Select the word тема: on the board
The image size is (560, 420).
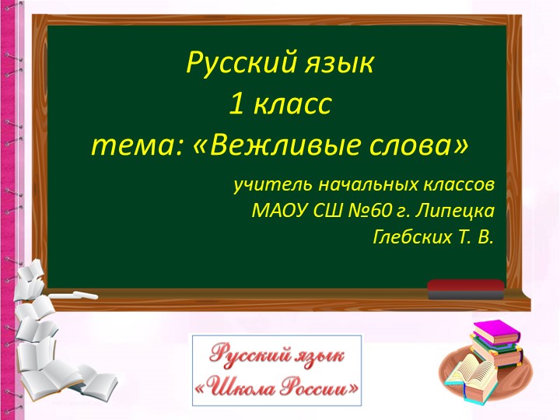tap(134, 145)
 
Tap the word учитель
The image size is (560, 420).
tap(268, 185)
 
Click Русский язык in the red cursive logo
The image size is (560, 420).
tap(278, 355)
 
